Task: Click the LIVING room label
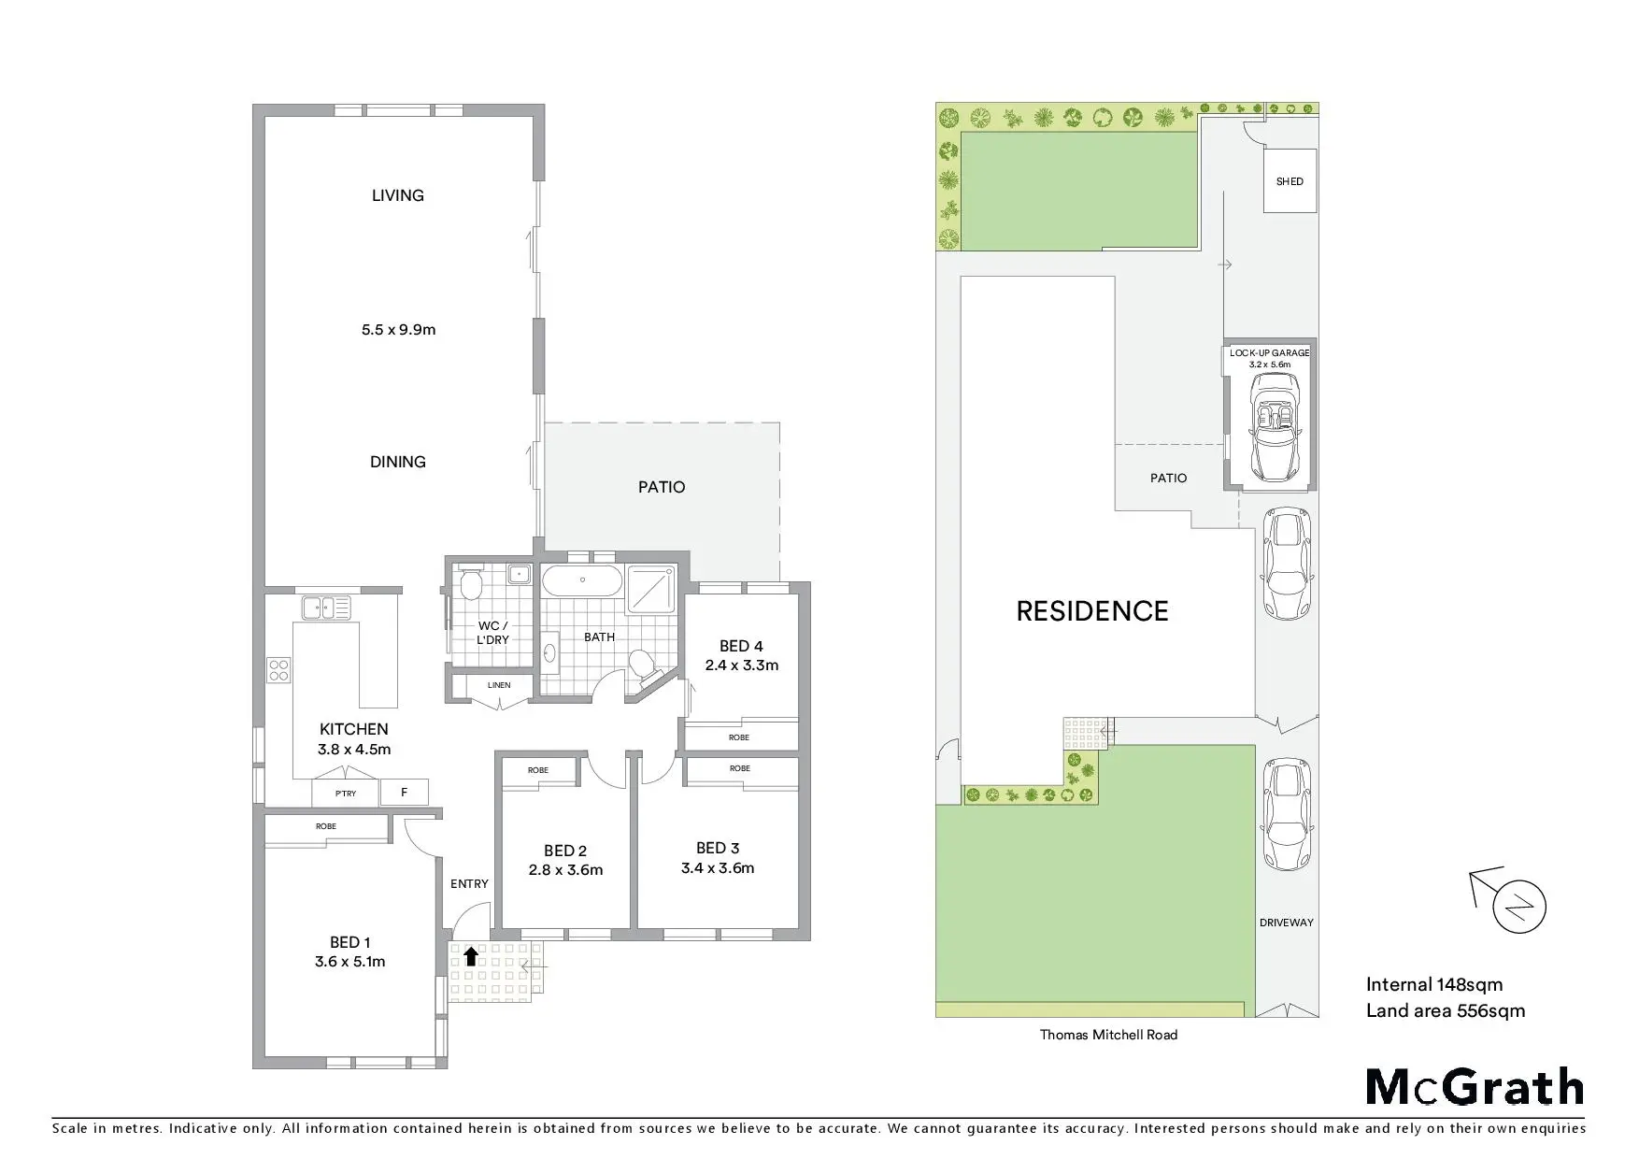click(x=398, y=195)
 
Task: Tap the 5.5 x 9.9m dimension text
click(x=399, y=329)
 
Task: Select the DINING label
click(x=398, y=462)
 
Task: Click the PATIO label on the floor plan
click(x=662, y=487)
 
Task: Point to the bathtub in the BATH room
click(x=582, y=580)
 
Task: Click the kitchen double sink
click(x=326, y=608)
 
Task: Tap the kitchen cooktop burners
click(x=278, y=669)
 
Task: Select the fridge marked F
click(x=405, y=793)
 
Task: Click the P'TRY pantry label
click(x=346, y=794)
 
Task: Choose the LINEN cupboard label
click(x=499, y=685)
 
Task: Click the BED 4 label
click(x=741, y=646)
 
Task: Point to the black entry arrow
click(x=471, y=955)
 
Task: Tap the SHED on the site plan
click(x=1290, y=181)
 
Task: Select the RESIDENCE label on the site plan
click(x=1092, y=611)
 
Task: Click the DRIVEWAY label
click(x=1287, y=923)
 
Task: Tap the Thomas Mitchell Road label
click(x=1108, y=1035)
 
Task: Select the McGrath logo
click(x=1475, y=1087)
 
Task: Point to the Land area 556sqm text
click(x=1446, y=1010)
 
